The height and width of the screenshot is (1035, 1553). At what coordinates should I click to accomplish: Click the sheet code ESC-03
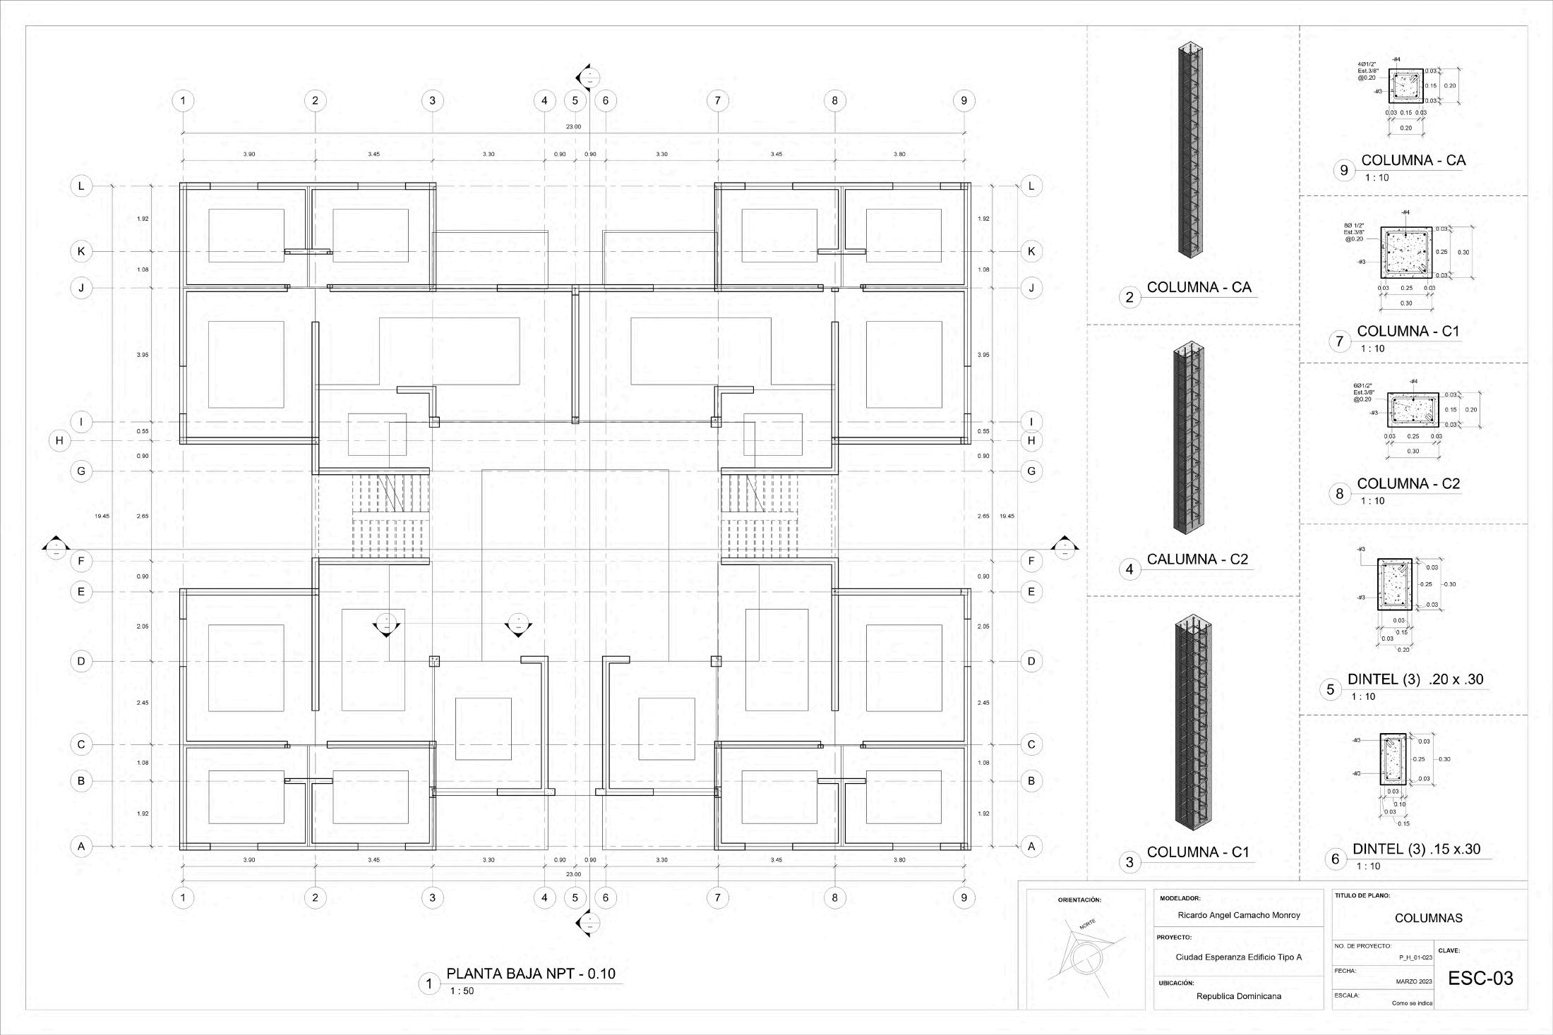click(1480, 978)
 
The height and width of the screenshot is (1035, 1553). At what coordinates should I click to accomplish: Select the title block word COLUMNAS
click(1429, 918)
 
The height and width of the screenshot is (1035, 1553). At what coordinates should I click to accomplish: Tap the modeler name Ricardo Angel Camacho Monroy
click(1239, 915)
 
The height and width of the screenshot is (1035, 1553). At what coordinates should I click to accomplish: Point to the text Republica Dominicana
click(1239, 996)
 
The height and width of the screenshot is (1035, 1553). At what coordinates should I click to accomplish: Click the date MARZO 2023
click(1414, 981)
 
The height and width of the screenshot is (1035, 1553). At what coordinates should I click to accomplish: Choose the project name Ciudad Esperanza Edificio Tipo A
click(1239, 957)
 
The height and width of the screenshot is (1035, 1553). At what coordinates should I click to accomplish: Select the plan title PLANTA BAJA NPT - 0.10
click(531, 974)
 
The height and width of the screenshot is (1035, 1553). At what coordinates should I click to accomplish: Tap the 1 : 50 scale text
click(462, 991)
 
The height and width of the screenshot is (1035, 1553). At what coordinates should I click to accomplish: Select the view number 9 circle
click(1344, 170)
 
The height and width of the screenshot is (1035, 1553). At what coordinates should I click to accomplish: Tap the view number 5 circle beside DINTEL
click(1331, 689)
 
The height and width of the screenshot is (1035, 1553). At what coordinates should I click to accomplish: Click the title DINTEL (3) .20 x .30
click(1415, 679)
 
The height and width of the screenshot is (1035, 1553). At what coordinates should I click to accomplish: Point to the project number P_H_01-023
click(1415, 957)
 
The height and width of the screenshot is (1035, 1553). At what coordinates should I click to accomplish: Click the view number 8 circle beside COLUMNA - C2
click(1340, 493)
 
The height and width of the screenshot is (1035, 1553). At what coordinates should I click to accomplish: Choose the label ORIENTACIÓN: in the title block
click(1079, 900)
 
